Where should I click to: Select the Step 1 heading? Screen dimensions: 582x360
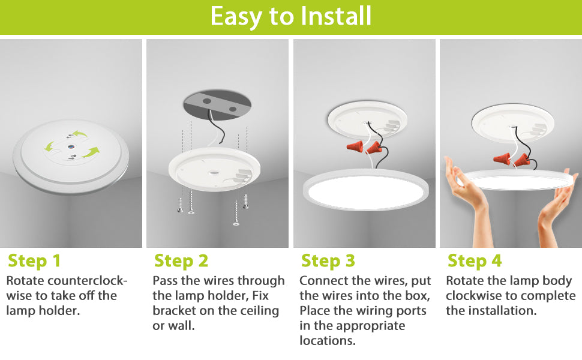(x=34, y=260)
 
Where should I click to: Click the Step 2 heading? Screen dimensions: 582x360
(x=181, y=260)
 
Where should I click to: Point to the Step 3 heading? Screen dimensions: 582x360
(x=328, y=260)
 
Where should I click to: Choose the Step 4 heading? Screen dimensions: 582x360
(x=475, y=260)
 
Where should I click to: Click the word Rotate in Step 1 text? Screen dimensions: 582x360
(x=25, y=281)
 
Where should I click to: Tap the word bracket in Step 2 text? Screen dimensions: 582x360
(x=174, y=311)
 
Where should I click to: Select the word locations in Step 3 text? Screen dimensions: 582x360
(x=328, y=340)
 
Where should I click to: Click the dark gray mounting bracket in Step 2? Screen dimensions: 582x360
(x=217, y=104)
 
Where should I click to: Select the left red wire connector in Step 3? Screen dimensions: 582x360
(x=355, y=146)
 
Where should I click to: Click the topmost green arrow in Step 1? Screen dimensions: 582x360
(x=80, y=134)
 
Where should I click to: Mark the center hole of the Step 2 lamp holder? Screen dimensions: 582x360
(x=214, y=173)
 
